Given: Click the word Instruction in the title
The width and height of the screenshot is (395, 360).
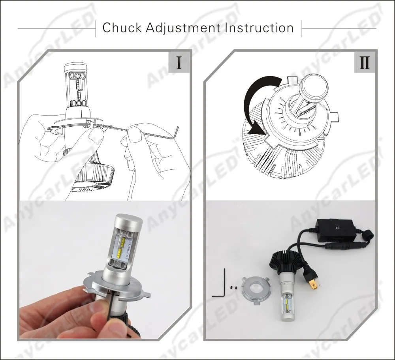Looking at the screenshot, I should pos(259,28).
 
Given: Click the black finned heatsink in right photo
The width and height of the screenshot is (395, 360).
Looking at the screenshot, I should pos(283,260).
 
